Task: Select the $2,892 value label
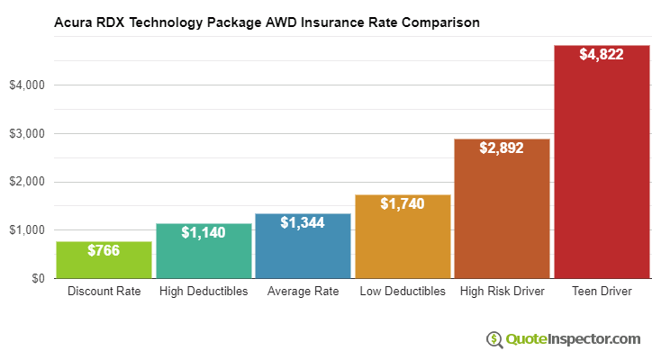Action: tap(502, 148)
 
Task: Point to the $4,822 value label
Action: tap(601, 55)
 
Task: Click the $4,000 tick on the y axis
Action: tap(28, 85)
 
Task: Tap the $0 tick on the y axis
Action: tap(38, 279)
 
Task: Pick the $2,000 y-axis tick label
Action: tap(28, 182)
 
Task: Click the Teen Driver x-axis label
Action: tap(601, 292)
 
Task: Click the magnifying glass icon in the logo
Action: tap(494, 339)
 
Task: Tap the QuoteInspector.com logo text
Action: tap(572, 339)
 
